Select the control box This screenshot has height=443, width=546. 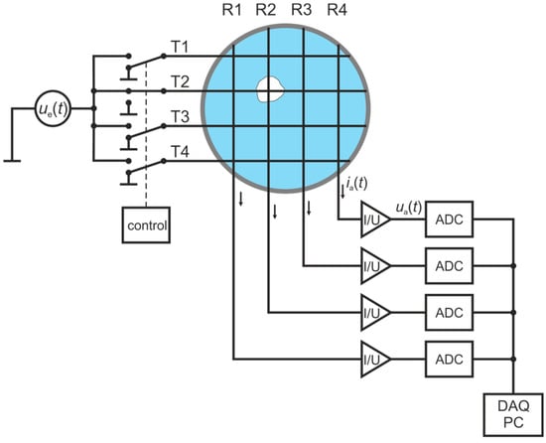(x=145, y=225)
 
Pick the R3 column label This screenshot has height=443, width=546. (x=303, y=11)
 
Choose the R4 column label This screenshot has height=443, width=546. (x=338, y=11)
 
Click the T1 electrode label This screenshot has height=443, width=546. (x=181, y=47)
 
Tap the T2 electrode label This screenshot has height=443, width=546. (x=181, y=80)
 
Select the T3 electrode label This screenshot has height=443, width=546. (x=181, y=115)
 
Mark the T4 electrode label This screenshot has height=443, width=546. (x=181, y=150)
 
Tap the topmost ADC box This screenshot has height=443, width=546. (x=451, y=221)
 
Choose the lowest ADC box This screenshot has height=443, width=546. (x=451, y=355)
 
